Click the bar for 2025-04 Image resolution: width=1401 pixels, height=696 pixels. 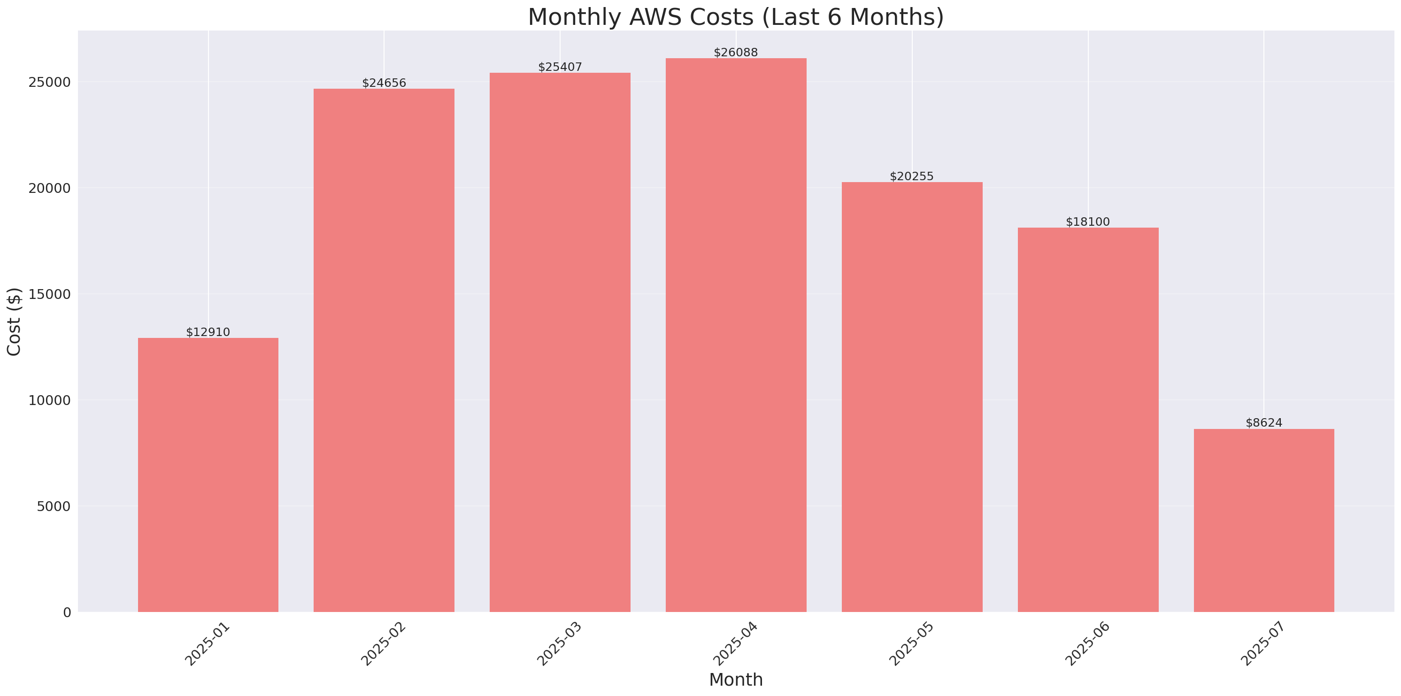(x=736, y=335)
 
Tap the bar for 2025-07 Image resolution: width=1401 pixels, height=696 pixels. (x=1263, y=520)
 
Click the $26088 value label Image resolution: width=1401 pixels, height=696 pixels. (x=735, y=52)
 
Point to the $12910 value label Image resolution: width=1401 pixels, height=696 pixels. (x=208, y=332)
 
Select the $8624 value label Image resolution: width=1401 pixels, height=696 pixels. (x=1263, y=422)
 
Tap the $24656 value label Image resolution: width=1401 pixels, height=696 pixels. (x=384, y=83)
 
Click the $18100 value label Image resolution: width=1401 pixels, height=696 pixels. (x=1087, y=222)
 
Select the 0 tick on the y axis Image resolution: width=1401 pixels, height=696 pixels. (x=67, y=613)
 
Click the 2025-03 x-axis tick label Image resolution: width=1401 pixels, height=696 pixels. (x=559, y=644)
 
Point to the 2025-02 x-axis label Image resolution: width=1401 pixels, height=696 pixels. (x=384, y=644)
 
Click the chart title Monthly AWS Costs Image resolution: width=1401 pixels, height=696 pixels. (x=736, y=17)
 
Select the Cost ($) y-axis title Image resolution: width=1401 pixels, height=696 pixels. (x=14, y=321)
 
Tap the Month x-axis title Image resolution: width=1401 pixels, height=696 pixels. (x=736, y=680)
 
